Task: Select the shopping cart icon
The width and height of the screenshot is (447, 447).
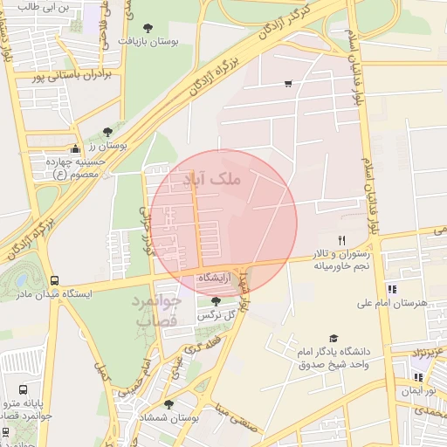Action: click(x=288, y=85)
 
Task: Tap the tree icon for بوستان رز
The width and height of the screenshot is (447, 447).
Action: click(x=107, y=132)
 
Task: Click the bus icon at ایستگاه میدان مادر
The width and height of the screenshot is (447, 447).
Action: click(x=55, y=281)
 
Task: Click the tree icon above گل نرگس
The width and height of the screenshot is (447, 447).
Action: click(x=216, y=301)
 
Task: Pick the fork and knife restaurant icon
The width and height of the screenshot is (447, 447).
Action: click(x=341, y=239)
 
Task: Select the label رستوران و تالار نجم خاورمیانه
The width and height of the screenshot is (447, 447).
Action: click(x=342, y=259)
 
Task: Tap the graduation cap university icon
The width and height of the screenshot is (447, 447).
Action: click(x=333, y=339)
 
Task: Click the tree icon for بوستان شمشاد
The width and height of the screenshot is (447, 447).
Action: click(x=168, y=404)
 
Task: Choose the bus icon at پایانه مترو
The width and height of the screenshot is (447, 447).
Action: click(x=22, y=389)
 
